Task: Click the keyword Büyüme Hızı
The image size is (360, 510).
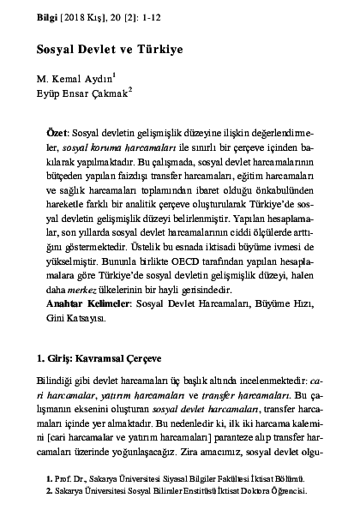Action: (256, 304)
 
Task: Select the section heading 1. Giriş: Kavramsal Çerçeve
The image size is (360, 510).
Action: (99, 355)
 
